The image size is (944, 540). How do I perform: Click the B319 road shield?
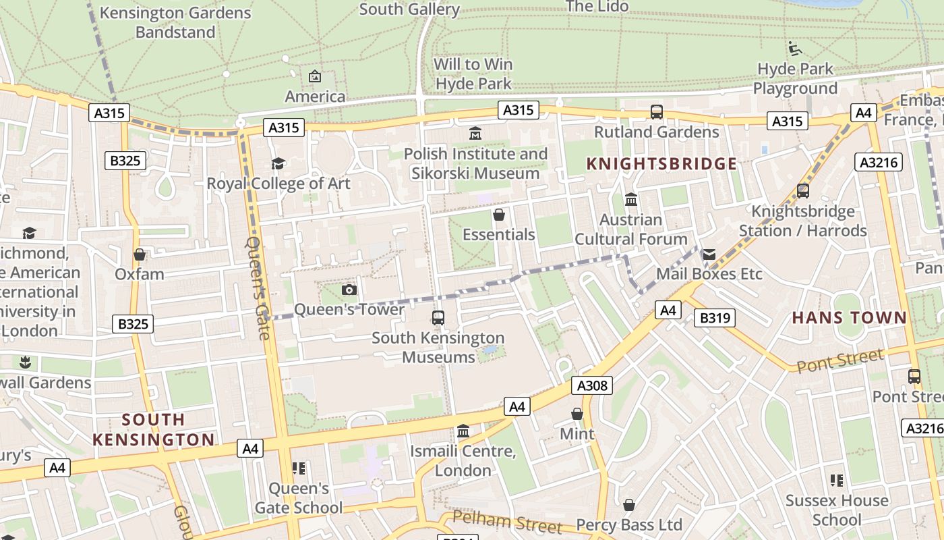714,318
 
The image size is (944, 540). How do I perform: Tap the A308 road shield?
592,385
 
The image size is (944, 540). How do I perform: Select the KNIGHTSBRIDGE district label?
661,163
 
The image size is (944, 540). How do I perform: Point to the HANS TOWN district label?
849,318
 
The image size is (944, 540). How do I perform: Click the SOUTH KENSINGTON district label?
153,429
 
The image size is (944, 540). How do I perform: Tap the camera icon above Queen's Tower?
349,290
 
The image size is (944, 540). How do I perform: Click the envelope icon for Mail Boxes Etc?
709,254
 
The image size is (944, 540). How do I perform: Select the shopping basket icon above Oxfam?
140,254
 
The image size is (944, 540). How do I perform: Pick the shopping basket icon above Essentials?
499,215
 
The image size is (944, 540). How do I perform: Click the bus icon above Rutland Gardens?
656,112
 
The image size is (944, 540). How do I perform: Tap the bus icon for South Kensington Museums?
438,317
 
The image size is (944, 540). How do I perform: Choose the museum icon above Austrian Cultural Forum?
631,200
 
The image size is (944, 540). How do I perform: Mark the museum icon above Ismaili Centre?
463,431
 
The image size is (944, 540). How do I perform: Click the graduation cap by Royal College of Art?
278,163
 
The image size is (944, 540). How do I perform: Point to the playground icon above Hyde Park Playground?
795,49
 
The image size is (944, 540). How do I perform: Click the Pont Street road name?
839,361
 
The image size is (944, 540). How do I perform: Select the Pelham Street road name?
506,521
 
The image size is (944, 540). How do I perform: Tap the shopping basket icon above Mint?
577,414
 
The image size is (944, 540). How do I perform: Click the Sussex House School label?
837,510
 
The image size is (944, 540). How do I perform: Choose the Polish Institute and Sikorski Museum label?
475,163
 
